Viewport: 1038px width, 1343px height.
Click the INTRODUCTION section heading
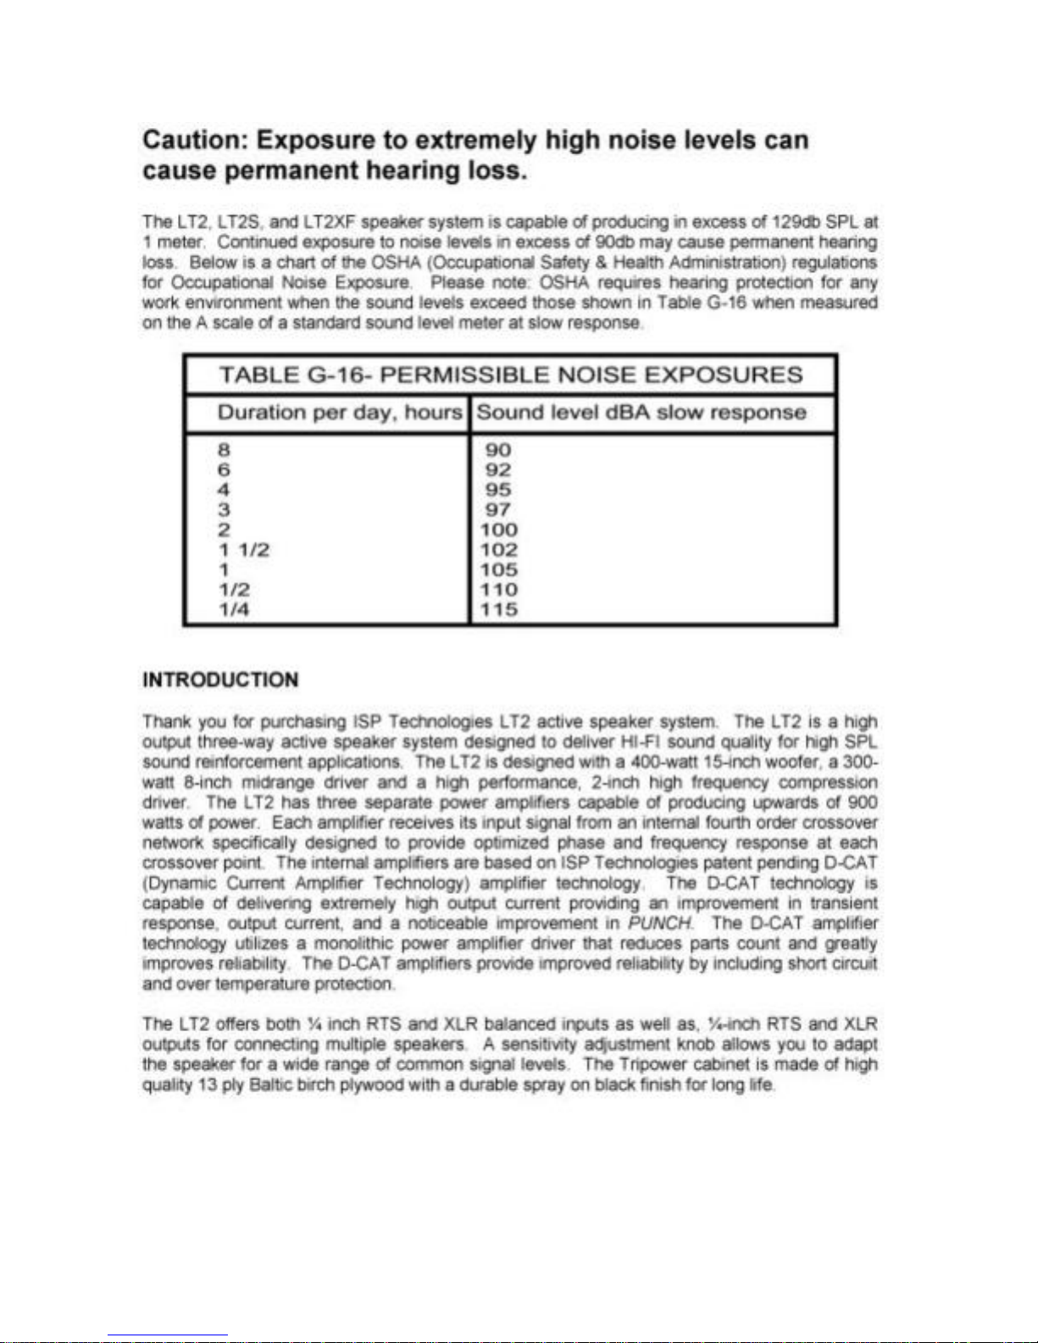220,680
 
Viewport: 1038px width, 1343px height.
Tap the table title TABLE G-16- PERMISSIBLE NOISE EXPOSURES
510,375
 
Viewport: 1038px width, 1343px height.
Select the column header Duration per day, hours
340,413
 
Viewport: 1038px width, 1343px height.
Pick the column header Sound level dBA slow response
641,413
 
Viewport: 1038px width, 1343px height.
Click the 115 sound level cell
499,610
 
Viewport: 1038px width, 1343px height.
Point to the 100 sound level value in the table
499,530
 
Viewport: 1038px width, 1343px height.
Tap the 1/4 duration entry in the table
234,610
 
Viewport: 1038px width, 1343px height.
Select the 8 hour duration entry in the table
224,450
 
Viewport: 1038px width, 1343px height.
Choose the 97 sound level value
498,510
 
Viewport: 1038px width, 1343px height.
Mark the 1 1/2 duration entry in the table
244,550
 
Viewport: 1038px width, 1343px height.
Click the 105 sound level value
499,570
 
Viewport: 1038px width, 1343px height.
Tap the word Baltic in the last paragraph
270,1085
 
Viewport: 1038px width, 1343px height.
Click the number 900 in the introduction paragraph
862,802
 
